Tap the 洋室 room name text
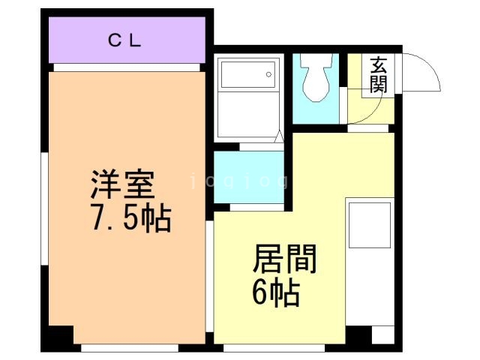coord(122,185)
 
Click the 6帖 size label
coord(275,292)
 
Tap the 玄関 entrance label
coord(378,75)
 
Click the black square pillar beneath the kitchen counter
coord(358,334)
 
